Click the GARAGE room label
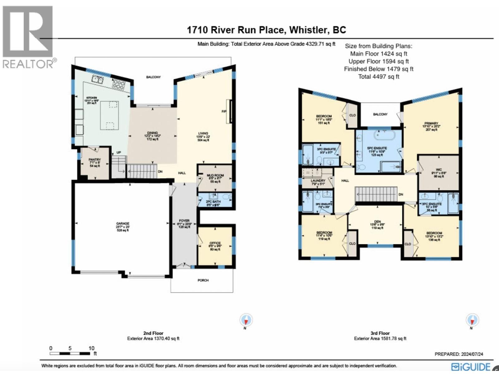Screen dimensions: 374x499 [123, 223]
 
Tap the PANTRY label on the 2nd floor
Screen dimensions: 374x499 [95, 160]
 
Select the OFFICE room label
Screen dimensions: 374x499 [215, 243]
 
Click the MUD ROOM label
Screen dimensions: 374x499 [215, 175]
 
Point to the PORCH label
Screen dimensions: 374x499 [203, 280]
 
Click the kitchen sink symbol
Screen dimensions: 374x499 [98, 79]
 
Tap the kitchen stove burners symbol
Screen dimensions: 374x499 [119, 84]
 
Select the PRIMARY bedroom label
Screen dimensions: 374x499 [431, 123]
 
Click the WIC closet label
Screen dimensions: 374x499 [439, 170]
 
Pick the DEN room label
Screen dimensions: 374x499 [377, 222]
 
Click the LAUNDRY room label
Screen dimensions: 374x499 [318, 180]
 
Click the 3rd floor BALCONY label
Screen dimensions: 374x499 [380, 114]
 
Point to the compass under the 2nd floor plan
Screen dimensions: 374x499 [246, 320]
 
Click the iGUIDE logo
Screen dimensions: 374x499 [471, 367]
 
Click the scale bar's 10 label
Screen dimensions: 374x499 [91, 348]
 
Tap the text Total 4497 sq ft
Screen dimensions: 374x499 [379, 77]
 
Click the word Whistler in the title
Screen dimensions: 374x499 [308, 30]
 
